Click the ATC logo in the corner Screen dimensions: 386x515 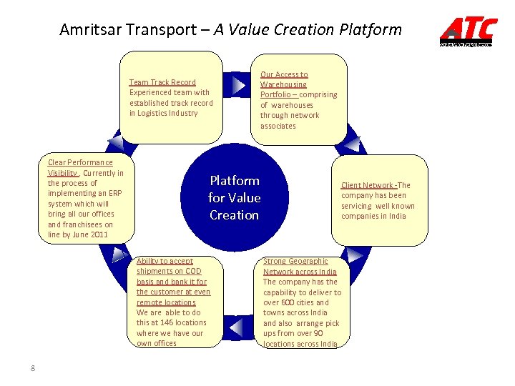pyautogui.click(x=468, y=30)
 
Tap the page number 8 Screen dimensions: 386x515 pyautogui.click(x=33, y=368)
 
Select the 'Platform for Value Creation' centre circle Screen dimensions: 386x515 pyautogui.click(x=234, y=198)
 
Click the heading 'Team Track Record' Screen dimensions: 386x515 pyautogui.click(x=162, y=82)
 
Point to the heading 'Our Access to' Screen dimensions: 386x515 pyautogui.click(x=284, y=74)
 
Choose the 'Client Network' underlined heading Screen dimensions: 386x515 pyautogui.click(x=368, y=185)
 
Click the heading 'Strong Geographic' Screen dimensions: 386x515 pyautogui.click(x=295, y=262)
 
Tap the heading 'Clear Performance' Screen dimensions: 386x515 pyautogui.click(x=80, y=163)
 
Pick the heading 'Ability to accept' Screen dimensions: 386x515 pyautogui.click(x=165, y=262)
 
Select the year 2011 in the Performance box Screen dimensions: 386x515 pyautogui.click(x=99, y=234)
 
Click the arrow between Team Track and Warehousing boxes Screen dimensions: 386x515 pyautogui.click(x=237, y=84)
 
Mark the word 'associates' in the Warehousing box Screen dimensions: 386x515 pyautogui.click(x=278, y=126)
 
